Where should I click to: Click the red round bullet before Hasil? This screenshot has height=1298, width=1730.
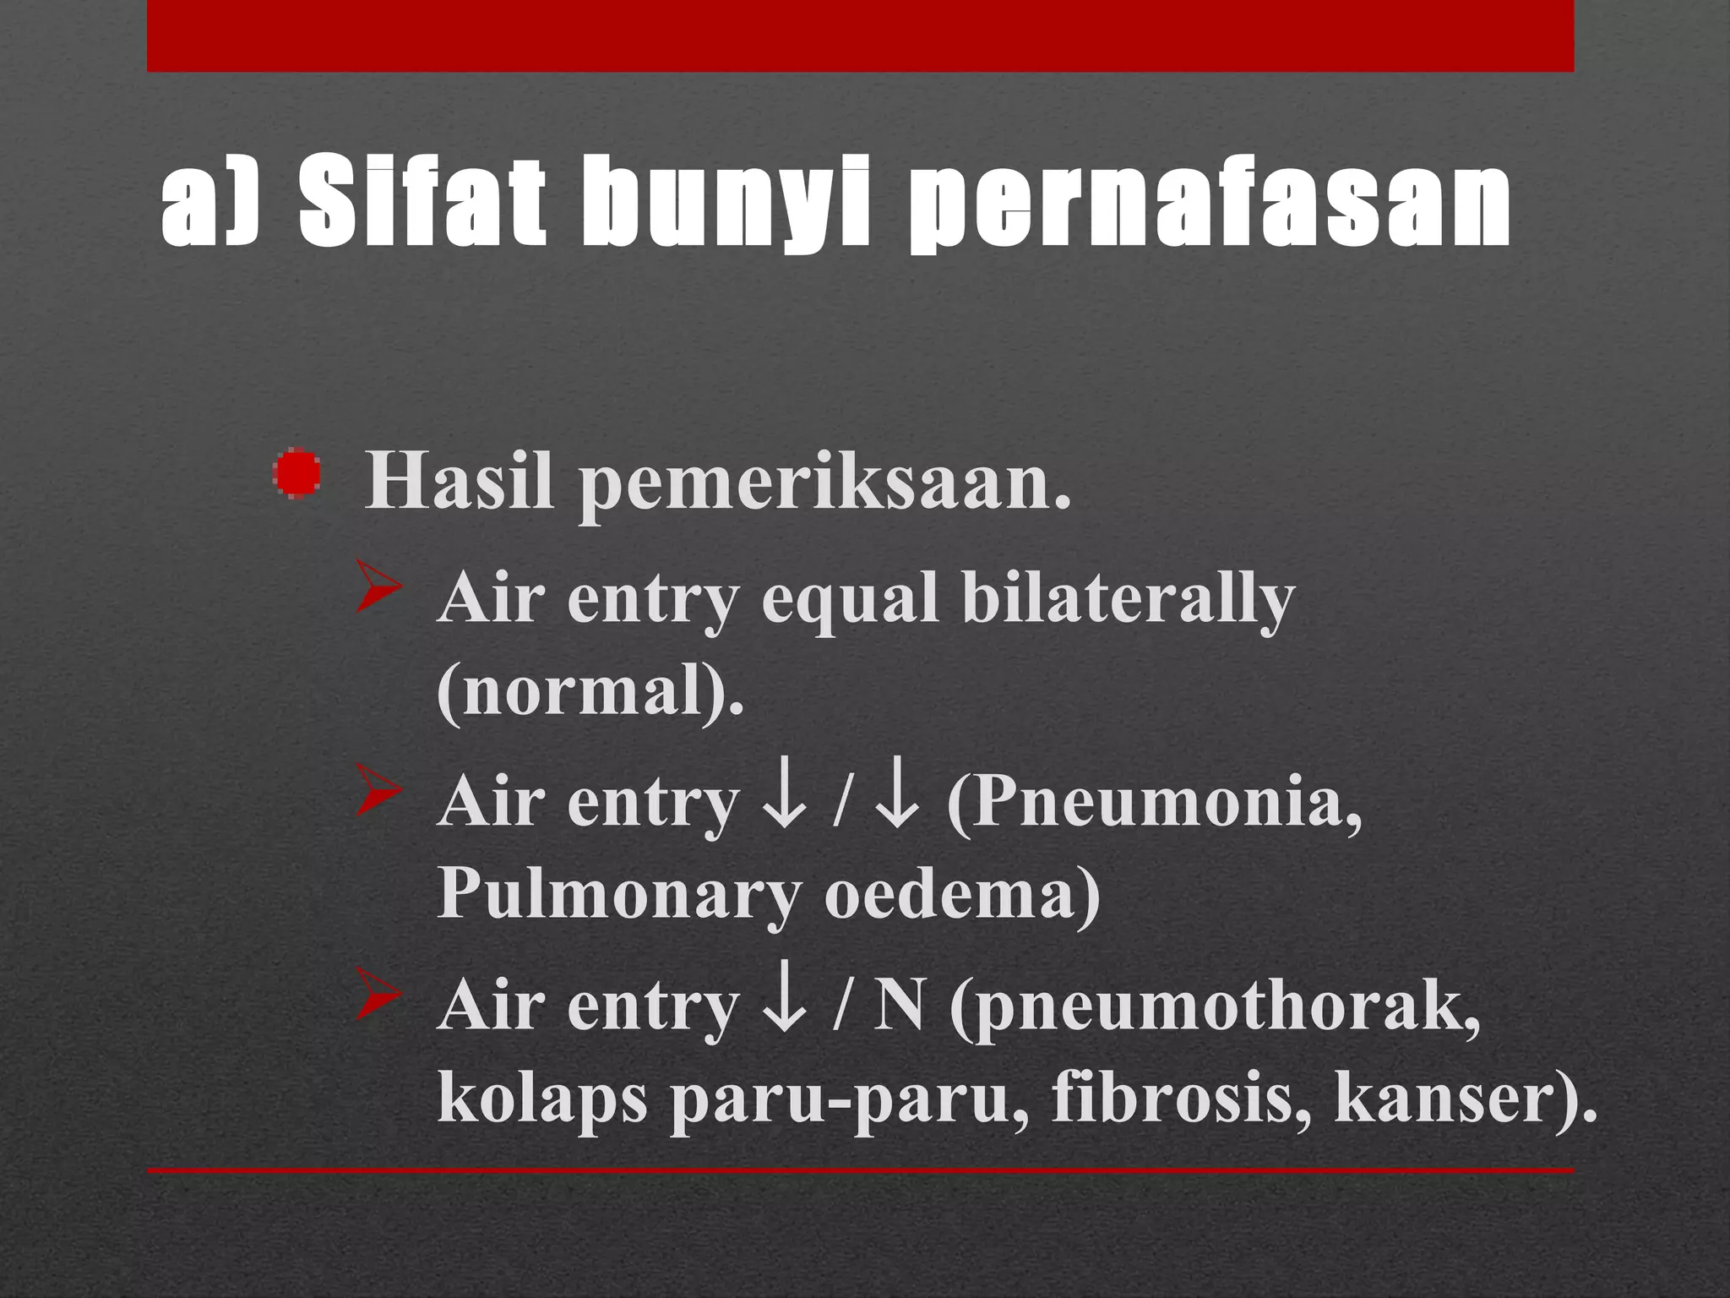pyautogui.click(x=297, y=474)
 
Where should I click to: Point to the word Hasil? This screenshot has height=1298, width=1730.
pyautogui.click(x=459, y=482)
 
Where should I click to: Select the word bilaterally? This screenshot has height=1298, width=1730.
pyautogui.click(x=1129, y=598)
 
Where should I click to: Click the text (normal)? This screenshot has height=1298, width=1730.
pyautogui.click(x=590, y=690)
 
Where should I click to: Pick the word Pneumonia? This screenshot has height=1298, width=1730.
pyautogui.click(x=1156, y=801)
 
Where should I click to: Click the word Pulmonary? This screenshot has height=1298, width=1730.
pyautogui.click(x=618, y=894)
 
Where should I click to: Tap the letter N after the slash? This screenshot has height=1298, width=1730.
pyautogui.click(x=898, y=1006)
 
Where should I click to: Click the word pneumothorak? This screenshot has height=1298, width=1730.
pyautogui.click(x=1216, y=1009)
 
